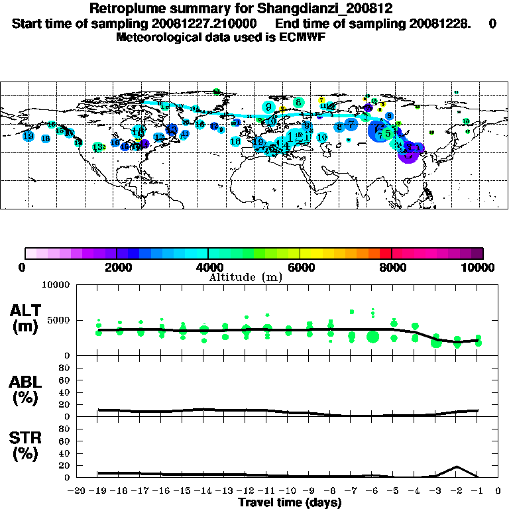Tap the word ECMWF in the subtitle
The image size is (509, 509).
(x=305, y=37)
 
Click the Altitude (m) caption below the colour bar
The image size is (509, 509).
(x=246, y=277)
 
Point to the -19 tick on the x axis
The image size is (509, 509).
(x=98, y=491)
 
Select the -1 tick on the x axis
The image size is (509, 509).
(x=477, y=491)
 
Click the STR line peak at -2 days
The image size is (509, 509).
(x=456, y=467)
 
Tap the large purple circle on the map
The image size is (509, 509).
(x=408, y=153)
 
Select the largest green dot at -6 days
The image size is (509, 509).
(x=372, y=337)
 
